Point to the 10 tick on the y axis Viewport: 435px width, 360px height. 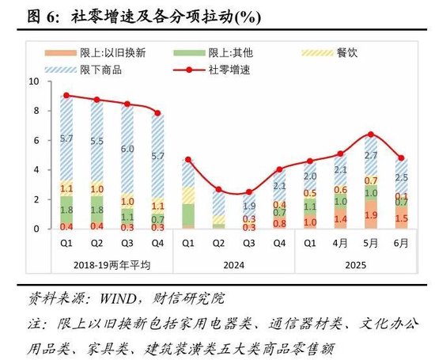point(32,81)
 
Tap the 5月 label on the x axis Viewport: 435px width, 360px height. point(370,243)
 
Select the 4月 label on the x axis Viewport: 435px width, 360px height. point(340,243)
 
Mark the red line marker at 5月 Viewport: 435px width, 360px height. point(370,134)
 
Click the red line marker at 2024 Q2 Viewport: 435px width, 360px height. point(218,190)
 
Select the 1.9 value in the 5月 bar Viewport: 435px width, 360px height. point(370,215)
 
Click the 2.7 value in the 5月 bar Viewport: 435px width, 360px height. point(370,155)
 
